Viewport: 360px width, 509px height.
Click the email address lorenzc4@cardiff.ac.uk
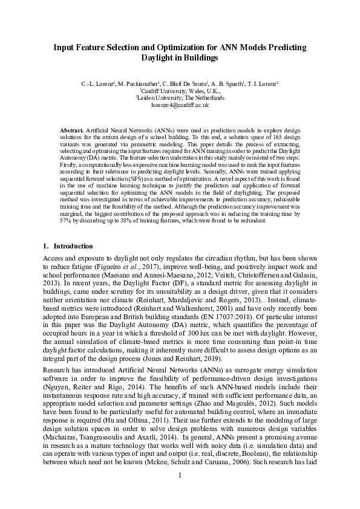[180, 104]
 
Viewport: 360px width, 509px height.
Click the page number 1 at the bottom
[180, 491]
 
